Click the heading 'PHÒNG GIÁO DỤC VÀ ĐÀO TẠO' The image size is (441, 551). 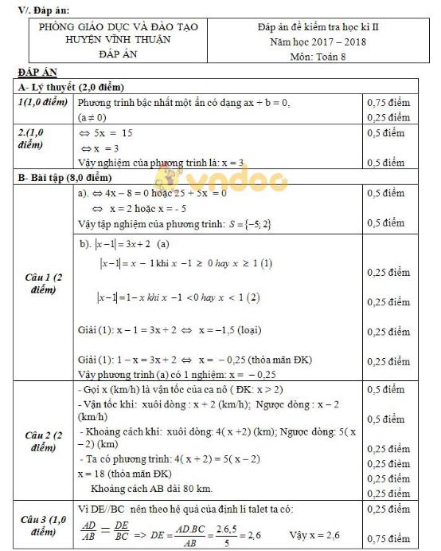coord(119,26)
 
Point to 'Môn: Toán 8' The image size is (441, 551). coord(318,57)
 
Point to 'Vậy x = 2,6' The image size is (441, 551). coord(314,535)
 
